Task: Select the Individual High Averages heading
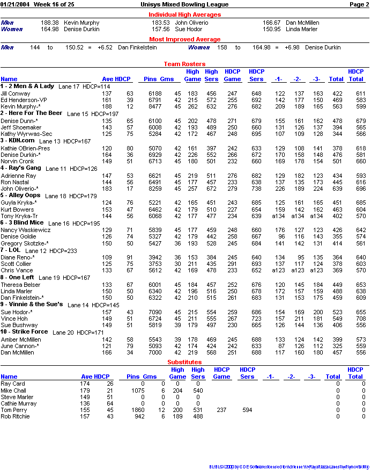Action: coord(184,15)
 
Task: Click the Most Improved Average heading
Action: coord(184,39)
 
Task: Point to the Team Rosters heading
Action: coord(184,63)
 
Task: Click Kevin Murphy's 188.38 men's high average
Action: coord(50,23)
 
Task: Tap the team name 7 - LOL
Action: coord(10,250)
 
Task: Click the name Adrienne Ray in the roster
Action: coord(18,176)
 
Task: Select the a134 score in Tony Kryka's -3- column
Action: coord(317,216)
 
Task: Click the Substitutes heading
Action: coord(184,363)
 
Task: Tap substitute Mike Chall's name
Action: coord(13,391)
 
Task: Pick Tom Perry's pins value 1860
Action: coord(137,410)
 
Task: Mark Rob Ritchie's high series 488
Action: coord(197,416)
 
